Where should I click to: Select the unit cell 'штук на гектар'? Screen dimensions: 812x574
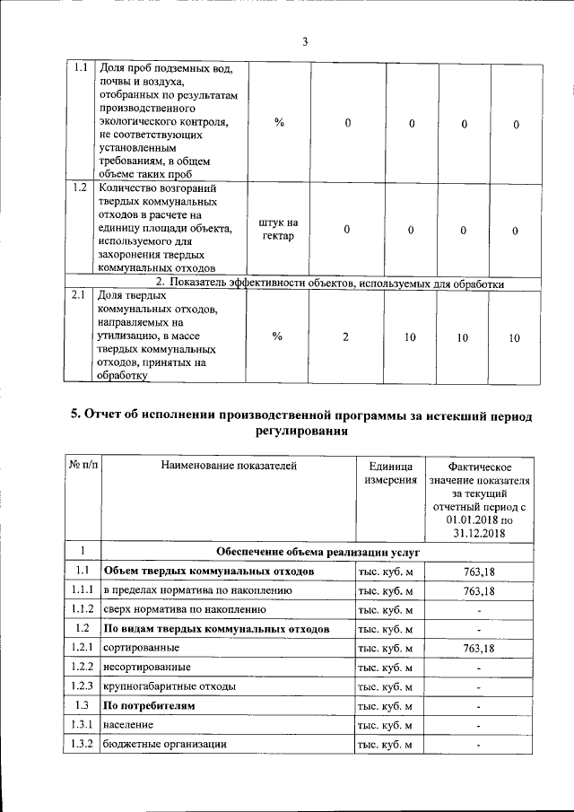pyautogui.click(x=277, y=230)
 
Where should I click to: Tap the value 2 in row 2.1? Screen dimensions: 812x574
pyautogui.click(x=347, y=337)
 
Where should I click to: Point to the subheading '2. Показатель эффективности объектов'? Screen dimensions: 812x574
pyautogui.click(x=331, y=284)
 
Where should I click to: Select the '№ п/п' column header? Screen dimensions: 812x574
pyautogui.click(x=82, y=466)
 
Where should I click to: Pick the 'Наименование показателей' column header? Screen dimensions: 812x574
pyautogui.click(x=228, y=466)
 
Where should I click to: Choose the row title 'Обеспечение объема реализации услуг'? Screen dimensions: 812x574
pyautogui.click(x=317, y=552)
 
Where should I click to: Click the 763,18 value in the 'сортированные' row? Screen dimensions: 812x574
pyautogui.click(x=480, y=648)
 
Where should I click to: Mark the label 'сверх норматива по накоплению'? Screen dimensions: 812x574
pyautogui.click(x=184, y=610)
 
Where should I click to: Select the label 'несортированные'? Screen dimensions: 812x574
pyautogui.click(x=146, y=668)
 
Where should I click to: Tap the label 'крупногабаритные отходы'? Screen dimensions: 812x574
pyautogui.click(x=170, y=686)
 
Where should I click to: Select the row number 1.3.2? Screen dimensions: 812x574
pyautogui.click(x=82, y=744)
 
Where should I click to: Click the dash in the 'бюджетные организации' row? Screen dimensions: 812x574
pyautogui.click(x=480, y=745)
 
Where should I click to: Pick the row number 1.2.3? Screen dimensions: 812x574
pyautogui.click(x=82, y=686)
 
